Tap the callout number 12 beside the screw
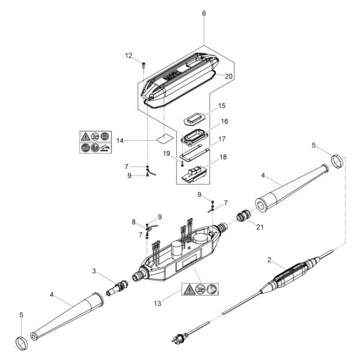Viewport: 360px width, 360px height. [128, 56]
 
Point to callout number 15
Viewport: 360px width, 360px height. [221, 105]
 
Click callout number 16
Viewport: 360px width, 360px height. [224, 121]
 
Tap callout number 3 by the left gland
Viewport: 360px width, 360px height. [94, 273]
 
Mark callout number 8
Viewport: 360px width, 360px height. [134, 222]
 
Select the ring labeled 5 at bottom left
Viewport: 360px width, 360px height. [21, 338]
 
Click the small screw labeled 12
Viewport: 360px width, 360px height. [144, 64]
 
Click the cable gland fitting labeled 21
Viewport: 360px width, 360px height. [244, 216]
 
